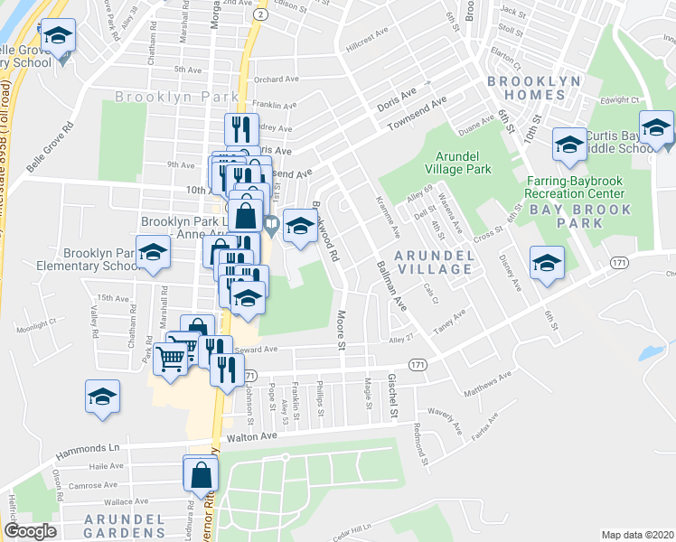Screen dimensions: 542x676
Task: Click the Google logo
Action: pos(30,531)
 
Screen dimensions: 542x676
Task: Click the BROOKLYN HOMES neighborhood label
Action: pos(533,88)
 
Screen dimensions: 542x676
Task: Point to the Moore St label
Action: pos(342,331)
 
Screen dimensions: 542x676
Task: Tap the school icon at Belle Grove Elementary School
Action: pos(59,37)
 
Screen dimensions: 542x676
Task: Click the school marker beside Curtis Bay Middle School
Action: pos(656,128)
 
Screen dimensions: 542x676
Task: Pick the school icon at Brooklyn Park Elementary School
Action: pos(155,255)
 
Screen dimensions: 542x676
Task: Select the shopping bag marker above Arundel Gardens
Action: pos(201,472)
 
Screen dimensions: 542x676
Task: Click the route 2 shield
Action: pos(260,14)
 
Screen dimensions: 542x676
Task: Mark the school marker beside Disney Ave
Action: pos(547,263)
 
